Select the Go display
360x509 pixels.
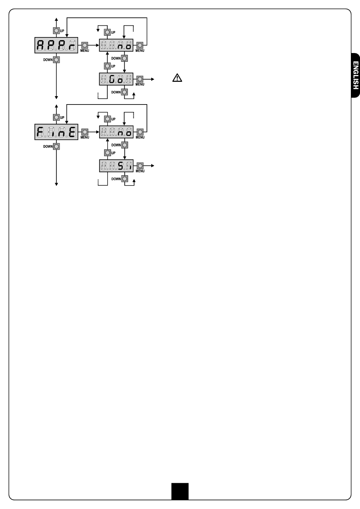point(116,79)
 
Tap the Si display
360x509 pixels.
point(116,166)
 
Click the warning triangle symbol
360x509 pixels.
point(177,78)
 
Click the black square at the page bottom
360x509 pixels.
point(180,491)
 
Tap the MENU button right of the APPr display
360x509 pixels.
point(85,45)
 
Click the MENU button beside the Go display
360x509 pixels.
point(140,79)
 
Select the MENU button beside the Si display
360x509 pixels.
point(140,166)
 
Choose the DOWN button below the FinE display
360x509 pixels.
point(56,147)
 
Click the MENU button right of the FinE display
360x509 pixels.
point(85,132)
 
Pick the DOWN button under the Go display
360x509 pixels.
point(125,92)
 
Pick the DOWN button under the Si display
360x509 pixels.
point(125,179)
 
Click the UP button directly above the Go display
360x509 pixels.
point(108,66)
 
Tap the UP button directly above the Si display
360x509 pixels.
point(108,153)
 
